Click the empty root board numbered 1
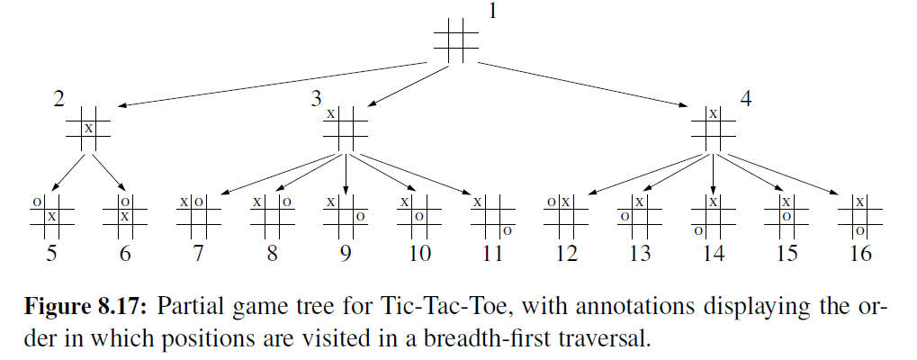pyautogui.click(x=455, y=40)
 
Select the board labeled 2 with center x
pyautogui.click(x=88, y=129)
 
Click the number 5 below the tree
pyautogui.click(x=51, y=254)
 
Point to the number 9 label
pyautogui.click(x=345, y=254)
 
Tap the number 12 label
pyautogui.click(x=566, y=254)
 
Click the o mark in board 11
pyautogui.click(x=508, y=231)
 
